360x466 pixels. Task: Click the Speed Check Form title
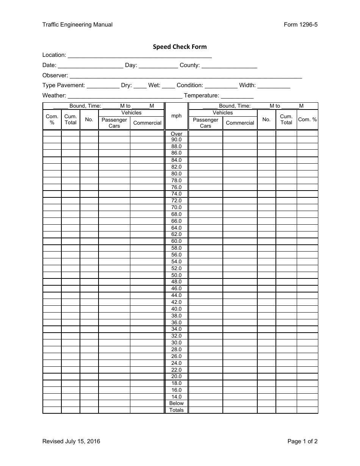tap(180, 47)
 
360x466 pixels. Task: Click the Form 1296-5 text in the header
tap(301, 25)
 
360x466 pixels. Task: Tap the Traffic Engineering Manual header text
tap(77, 25)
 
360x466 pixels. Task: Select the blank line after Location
tap(139, 56)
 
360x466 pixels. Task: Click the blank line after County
tap(229, 66)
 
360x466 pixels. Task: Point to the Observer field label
tap(55, 75)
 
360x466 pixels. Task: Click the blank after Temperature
tap(237, 96)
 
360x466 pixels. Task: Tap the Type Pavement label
tap(64, 86)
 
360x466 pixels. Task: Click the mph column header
tap(177, 116)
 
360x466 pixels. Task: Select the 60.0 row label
tap(177, 241)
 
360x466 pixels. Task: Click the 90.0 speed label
tap(177, 139)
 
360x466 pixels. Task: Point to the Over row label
tap(177, 134)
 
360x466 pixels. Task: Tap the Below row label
tap(177, 403)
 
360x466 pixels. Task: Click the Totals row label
tap(177, 410)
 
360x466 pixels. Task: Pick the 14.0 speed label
tap(177, 397)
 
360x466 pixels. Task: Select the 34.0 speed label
tap(177, 329)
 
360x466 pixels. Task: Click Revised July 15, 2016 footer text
tap(71, 441)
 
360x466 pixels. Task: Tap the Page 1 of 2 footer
tap(302, 441)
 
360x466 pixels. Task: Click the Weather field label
tap(54, 95)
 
